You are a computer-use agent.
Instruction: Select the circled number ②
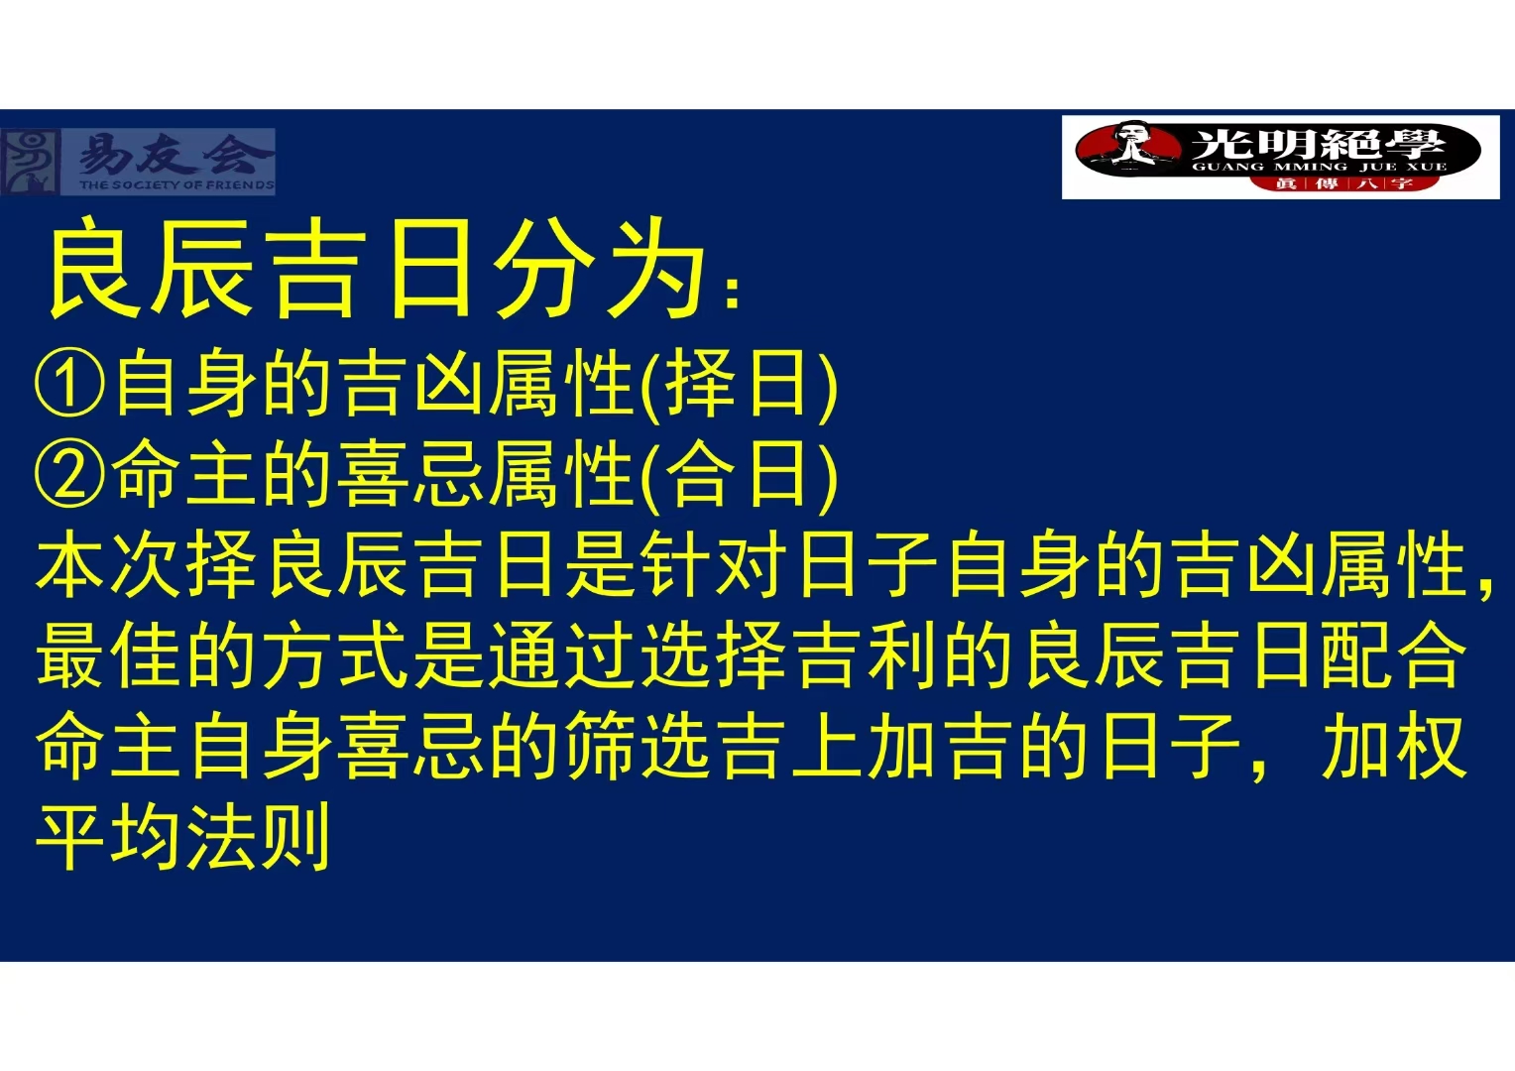coord(70,473)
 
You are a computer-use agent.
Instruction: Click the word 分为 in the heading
coord(599,269)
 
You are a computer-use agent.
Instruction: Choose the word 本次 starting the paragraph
coord(109,565)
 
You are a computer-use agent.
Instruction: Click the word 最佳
coord(109,656)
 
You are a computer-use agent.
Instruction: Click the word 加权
coord(1393,747)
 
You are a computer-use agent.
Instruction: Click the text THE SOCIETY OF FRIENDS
coord(176,184)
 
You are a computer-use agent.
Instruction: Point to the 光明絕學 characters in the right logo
coord(1318,144)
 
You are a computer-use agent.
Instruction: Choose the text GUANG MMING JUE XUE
coord(1320,167)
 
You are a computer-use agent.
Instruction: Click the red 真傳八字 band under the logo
coord(1342,183)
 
